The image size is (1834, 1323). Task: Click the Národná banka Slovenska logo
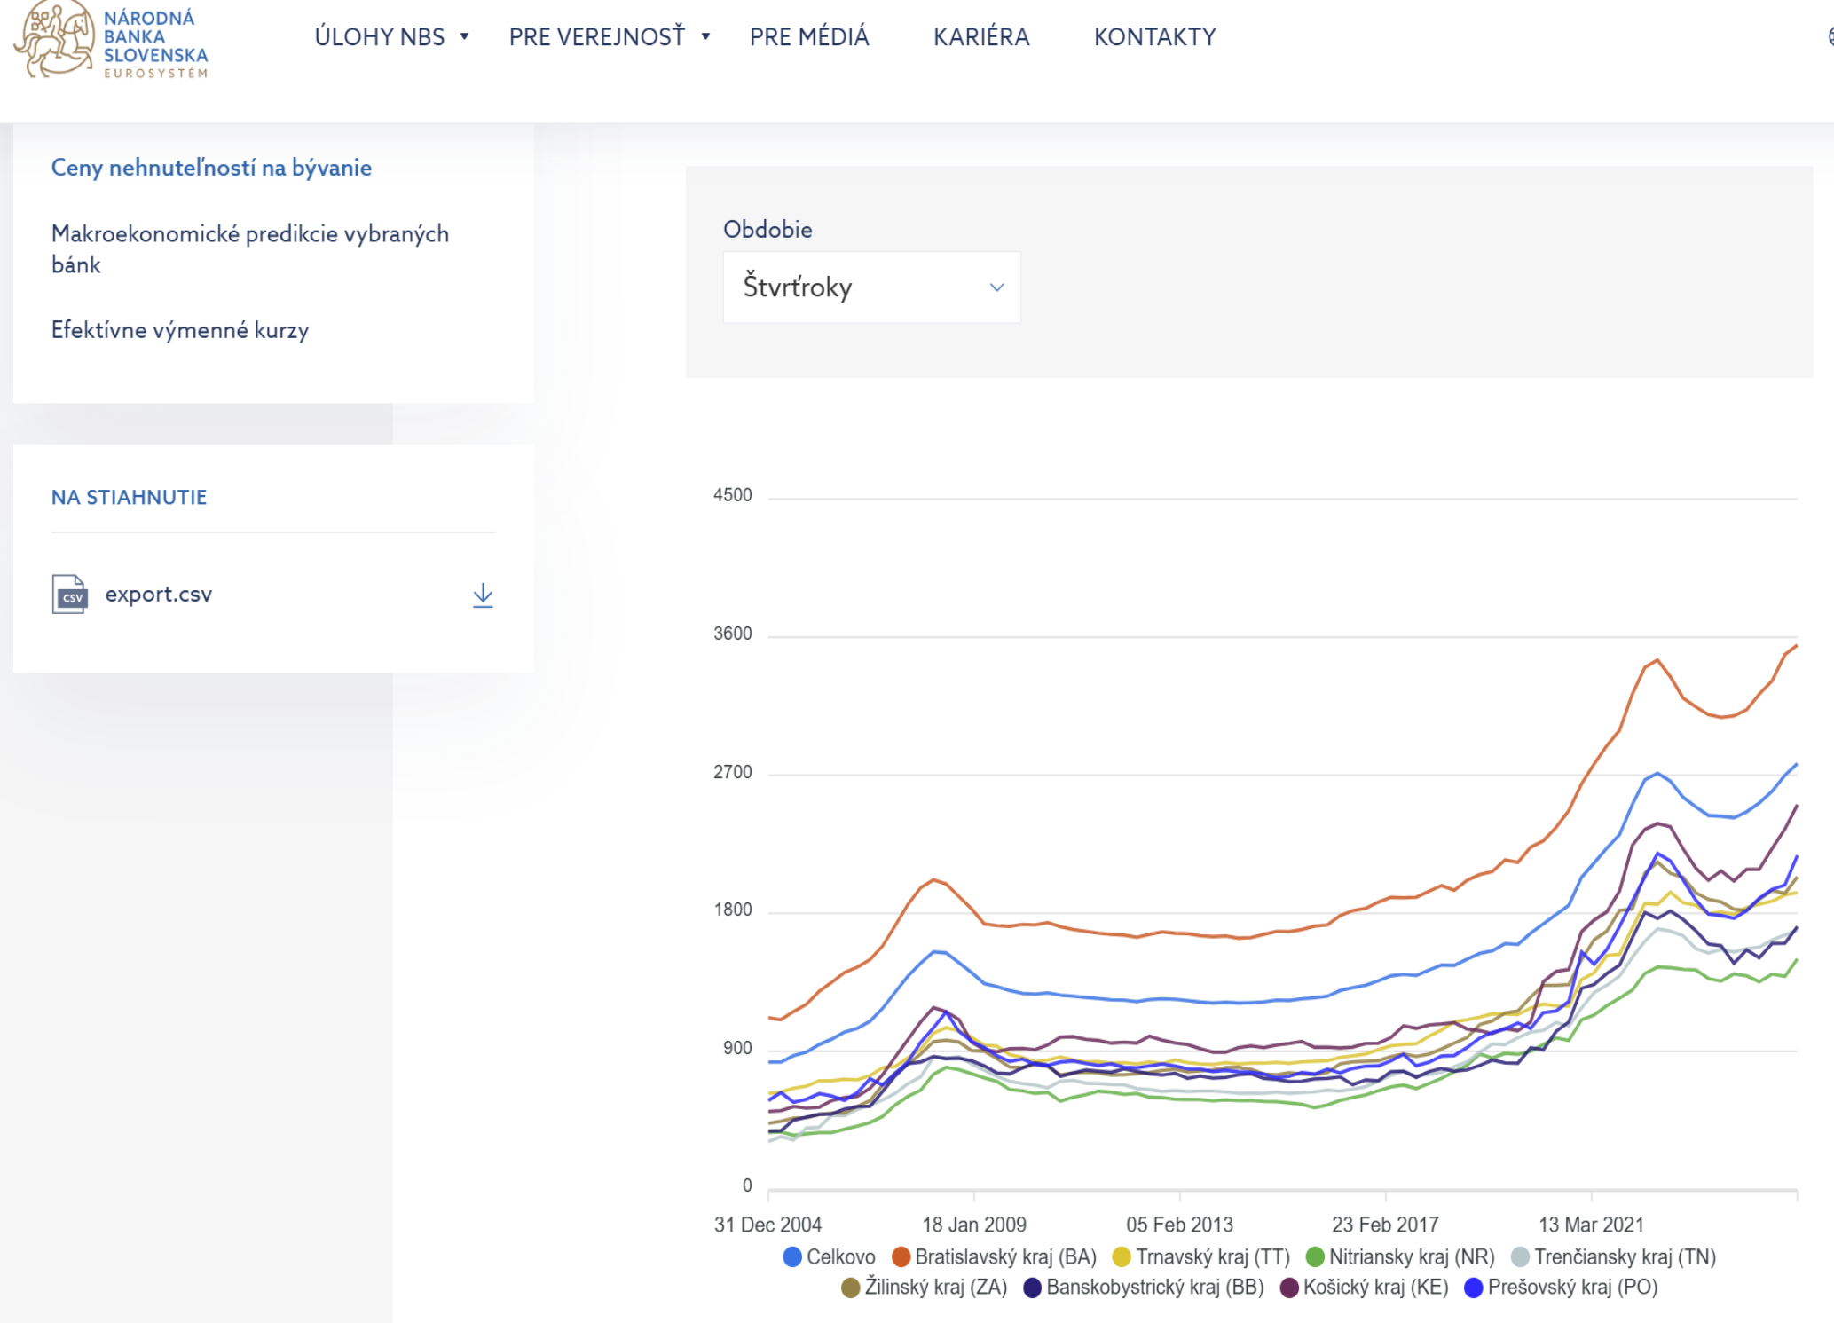[111, 40]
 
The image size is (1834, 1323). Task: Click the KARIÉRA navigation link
[981, 37]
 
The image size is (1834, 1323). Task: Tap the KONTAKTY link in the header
[1154, 37]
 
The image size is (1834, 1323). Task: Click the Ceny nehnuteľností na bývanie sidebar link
[211, 168]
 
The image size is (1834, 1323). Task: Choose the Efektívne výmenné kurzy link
[180, 330]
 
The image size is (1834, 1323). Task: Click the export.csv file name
[159, 594]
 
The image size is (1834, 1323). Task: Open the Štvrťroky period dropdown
[871, 287]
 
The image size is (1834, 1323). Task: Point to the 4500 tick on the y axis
[733, 495]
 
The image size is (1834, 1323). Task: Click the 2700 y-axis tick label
[733, 772]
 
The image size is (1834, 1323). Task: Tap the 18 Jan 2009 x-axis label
[974, 1225]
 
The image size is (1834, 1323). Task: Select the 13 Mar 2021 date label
[1591, 1225]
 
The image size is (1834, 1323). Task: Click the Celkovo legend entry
[830, 1257]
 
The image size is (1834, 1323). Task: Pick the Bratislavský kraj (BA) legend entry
[995, 1257]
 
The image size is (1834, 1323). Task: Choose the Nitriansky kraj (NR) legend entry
[1401, 1257]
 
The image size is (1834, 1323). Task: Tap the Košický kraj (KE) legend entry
[1365, 1288]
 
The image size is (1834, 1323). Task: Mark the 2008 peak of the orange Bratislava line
[933, 879]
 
